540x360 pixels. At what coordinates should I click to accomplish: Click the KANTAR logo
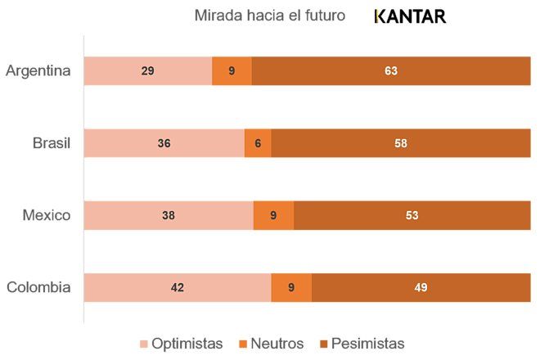(409, 16)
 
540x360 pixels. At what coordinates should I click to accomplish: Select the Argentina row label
(38, 70)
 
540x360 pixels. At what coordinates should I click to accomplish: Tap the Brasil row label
(52, 143)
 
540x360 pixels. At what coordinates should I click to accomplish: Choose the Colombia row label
(38, 287)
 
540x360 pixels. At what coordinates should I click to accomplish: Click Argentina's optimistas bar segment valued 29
(148, 71)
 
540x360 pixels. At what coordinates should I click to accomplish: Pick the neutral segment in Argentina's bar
(232, 71)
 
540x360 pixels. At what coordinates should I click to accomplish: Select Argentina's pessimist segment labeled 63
(391, 71)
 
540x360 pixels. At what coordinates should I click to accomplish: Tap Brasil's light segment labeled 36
(164, 143)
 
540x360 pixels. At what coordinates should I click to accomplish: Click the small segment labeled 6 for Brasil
(258, 143)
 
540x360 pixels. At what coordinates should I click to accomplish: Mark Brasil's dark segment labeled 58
(400, 143)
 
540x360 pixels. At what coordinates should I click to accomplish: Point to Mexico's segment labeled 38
(169, 215)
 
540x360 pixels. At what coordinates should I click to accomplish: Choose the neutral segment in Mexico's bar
(273, 215)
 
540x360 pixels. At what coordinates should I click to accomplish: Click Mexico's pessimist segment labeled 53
(412, 215)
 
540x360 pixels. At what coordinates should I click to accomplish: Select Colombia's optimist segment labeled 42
(178, 287)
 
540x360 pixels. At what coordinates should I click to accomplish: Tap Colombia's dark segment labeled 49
(421, 287)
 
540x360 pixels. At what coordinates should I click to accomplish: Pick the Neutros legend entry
(271, 344)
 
